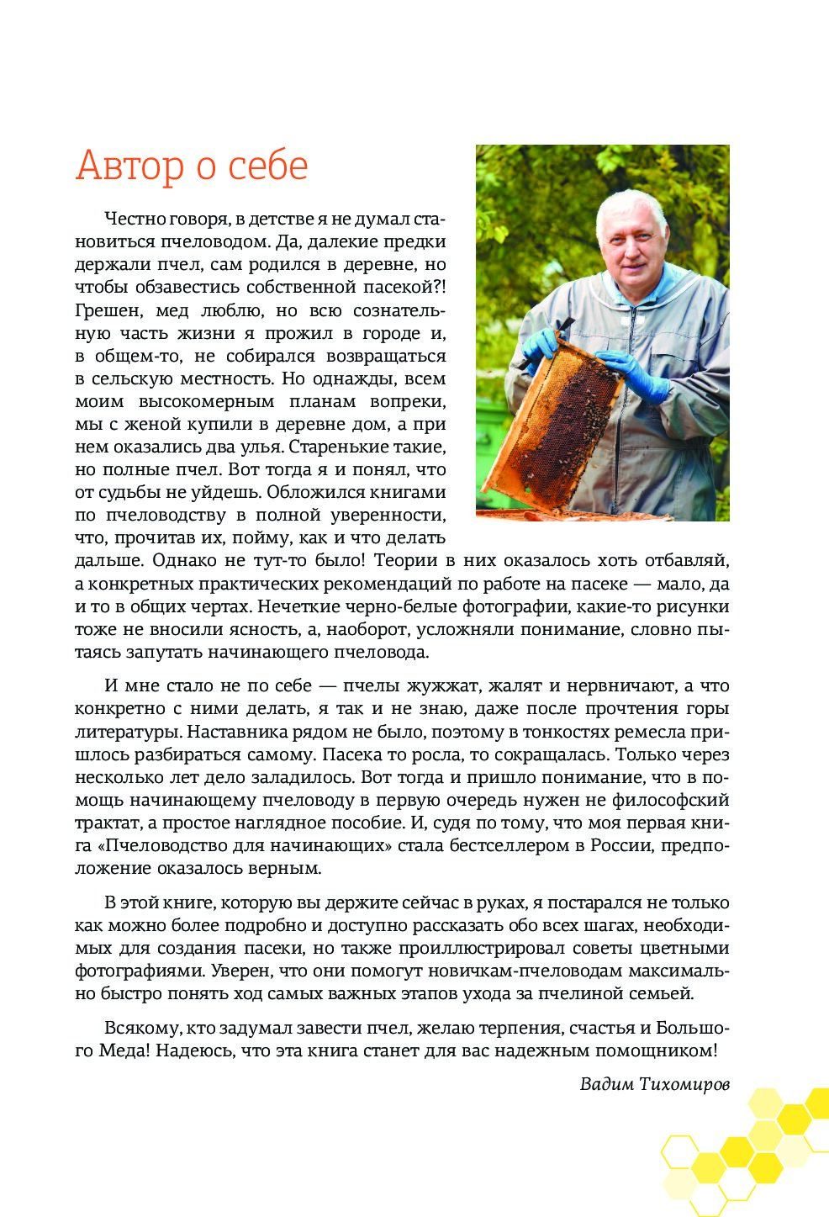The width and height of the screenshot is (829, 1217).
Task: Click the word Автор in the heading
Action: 130,166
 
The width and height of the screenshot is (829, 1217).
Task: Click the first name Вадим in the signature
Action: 606,1083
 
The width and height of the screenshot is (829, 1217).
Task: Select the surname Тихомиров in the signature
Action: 684,1083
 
